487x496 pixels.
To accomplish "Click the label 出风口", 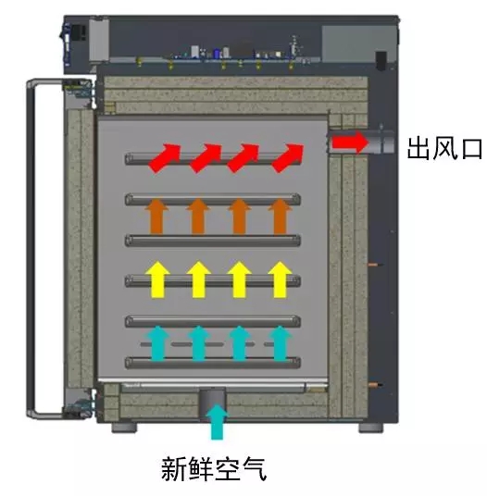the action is [x=444, y=148].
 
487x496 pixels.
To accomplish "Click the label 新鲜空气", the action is [x=214, y=469].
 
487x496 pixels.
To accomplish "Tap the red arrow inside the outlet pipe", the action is [x=350, y=143].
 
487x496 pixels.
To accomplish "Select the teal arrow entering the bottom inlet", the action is [x=217, y=421].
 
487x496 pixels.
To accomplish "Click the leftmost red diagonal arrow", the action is [x=165, y=158].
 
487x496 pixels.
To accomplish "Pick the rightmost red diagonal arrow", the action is [x=288, y=158].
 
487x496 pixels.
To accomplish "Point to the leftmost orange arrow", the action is [x=157, y=217].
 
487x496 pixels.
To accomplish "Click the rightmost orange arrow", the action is [x=280, y=217].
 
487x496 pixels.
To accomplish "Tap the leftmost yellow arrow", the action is [x=157, y=279].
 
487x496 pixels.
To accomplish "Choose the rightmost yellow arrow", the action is [x=280, y=279].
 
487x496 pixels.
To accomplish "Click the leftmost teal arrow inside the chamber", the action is [x=158, y=343].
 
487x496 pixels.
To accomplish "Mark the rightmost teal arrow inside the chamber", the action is [x=280, y=343].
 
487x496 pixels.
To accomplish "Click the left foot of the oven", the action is [x=124, y=428].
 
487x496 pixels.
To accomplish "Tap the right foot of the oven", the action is [x=371, y=428].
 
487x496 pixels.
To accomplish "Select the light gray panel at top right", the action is [x=359, y=43].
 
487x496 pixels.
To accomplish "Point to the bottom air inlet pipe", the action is [x=212, y=403].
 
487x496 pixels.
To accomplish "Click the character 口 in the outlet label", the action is [x=472, y=149].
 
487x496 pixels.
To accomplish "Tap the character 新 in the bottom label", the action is [x=174, y=469].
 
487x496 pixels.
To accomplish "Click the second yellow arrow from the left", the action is [x=198, y=279].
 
